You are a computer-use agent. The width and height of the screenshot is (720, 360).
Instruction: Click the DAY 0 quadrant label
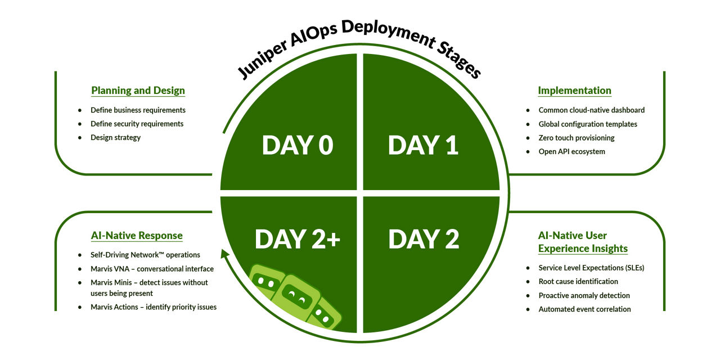(x=297, y=145)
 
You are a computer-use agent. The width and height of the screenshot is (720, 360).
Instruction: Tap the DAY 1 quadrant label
(x=423, y=145)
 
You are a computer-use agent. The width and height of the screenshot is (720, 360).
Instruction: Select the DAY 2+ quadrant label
(x=297, y=238)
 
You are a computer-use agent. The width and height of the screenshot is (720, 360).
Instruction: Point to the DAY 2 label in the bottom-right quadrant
(x=424, y=238)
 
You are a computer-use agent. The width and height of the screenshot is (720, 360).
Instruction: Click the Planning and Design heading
(x=138, y=91)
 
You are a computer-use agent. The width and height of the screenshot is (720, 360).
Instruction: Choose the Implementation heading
(x=574, y=91)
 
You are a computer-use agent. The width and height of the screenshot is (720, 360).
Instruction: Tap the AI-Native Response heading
(x=137, y=236)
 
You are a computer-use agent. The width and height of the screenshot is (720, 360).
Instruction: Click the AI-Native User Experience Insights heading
(x=582, y=242)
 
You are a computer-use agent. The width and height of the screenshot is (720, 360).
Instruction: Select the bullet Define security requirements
(x=137, y=124)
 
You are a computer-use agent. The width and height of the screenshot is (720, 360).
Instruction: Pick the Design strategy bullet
(x=115, y=137)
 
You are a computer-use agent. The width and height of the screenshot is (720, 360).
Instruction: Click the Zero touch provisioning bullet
(x=576, y=138)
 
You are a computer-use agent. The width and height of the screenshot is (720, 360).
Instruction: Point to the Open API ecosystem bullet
(x=571, y=151)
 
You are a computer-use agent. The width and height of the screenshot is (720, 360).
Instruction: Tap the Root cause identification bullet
(x=578, y=281)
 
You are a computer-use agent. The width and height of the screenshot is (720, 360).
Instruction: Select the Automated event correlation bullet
(x=584, y=309)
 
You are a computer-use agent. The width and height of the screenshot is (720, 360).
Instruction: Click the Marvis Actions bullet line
(x=153, y=307)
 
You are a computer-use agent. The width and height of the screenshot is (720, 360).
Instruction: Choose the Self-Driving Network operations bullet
(x=145, y=255)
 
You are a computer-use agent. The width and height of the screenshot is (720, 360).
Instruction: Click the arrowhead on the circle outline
(x=225, y=256)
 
